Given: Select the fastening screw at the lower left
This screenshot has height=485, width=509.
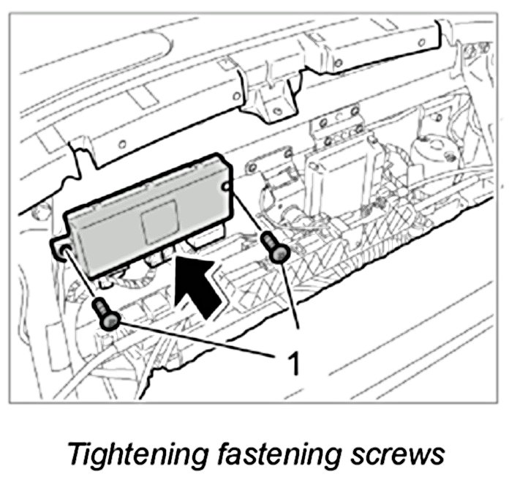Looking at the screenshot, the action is tap(108, 315).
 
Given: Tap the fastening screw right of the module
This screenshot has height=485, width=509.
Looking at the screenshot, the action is tap(276, 247).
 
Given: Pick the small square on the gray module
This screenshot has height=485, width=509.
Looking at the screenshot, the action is tap(159, 223).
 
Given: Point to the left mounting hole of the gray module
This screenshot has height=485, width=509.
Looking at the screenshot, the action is tap(64, 250).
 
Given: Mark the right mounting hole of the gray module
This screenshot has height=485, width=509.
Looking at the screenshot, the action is tap(230, 188).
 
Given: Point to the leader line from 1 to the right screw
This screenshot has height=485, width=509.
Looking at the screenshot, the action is tap(291, 300).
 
